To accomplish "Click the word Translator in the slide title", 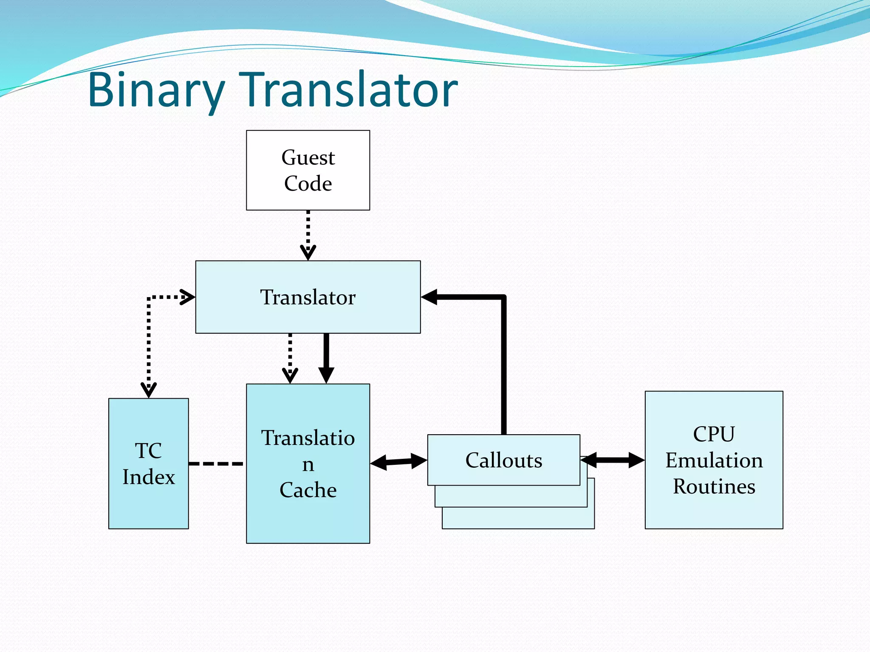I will (348, 90).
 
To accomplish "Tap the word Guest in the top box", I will (308, 157).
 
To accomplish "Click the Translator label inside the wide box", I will (308, 297).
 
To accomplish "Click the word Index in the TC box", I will (149, 477).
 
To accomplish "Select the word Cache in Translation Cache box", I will (308, 490).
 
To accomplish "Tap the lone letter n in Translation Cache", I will (308, 464).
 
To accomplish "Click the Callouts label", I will (504, 460).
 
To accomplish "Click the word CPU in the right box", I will (714, 434).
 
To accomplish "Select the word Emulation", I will (714, 460).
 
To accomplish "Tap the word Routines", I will (714, 486).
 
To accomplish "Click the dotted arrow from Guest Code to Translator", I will (308, 233).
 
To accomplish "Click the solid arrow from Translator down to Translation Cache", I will (326, 357).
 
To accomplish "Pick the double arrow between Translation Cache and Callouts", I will (398, 462).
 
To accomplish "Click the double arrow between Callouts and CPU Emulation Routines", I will (613, 460).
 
